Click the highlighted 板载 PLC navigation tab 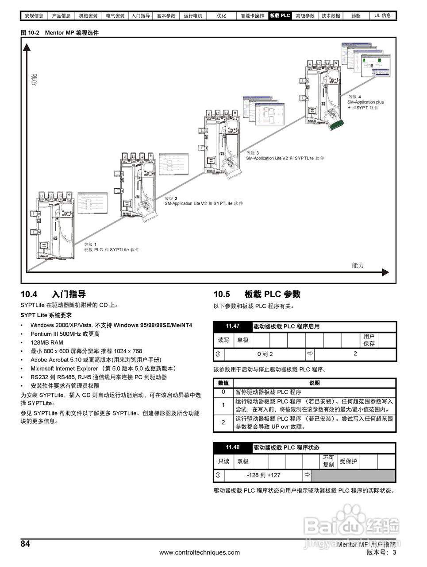(x=280, y=16)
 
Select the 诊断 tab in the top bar (x=356, y=16)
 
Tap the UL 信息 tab (x=383, y=16)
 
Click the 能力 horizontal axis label (x=358, y=265)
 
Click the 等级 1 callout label (x=90, y=244)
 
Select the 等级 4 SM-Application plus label (x=365, y=102)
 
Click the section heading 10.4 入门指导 (x=53, y=294)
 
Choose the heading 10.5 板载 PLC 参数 (x=257, y=294)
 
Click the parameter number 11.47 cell (x=233, y=326)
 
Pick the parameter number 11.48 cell (x=233, y=447)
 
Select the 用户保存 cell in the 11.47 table (x=369, y=340)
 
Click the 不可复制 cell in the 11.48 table (x=328, y=461)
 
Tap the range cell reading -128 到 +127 (x=264, y=475)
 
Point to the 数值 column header (x=223, y=383)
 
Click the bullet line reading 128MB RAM (x=47, y=342)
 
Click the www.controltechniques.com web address (x=200, y=552)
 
